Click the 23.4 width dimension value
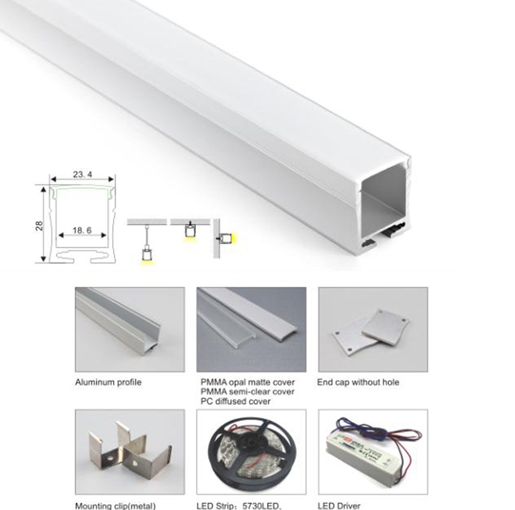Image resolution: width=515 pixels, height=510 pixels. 82,174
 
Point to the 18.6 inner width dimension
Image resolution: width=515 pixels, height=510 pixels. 82,229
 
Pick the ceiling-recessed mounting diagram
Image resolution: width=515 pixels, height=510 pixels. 190,230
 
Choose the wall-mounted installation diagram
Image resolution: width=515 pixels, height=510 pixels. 225,239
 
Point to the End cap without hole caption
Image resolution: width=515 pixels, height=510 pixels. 358,383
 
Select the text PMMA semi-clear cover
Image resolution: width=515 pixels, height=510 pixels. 248,392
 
